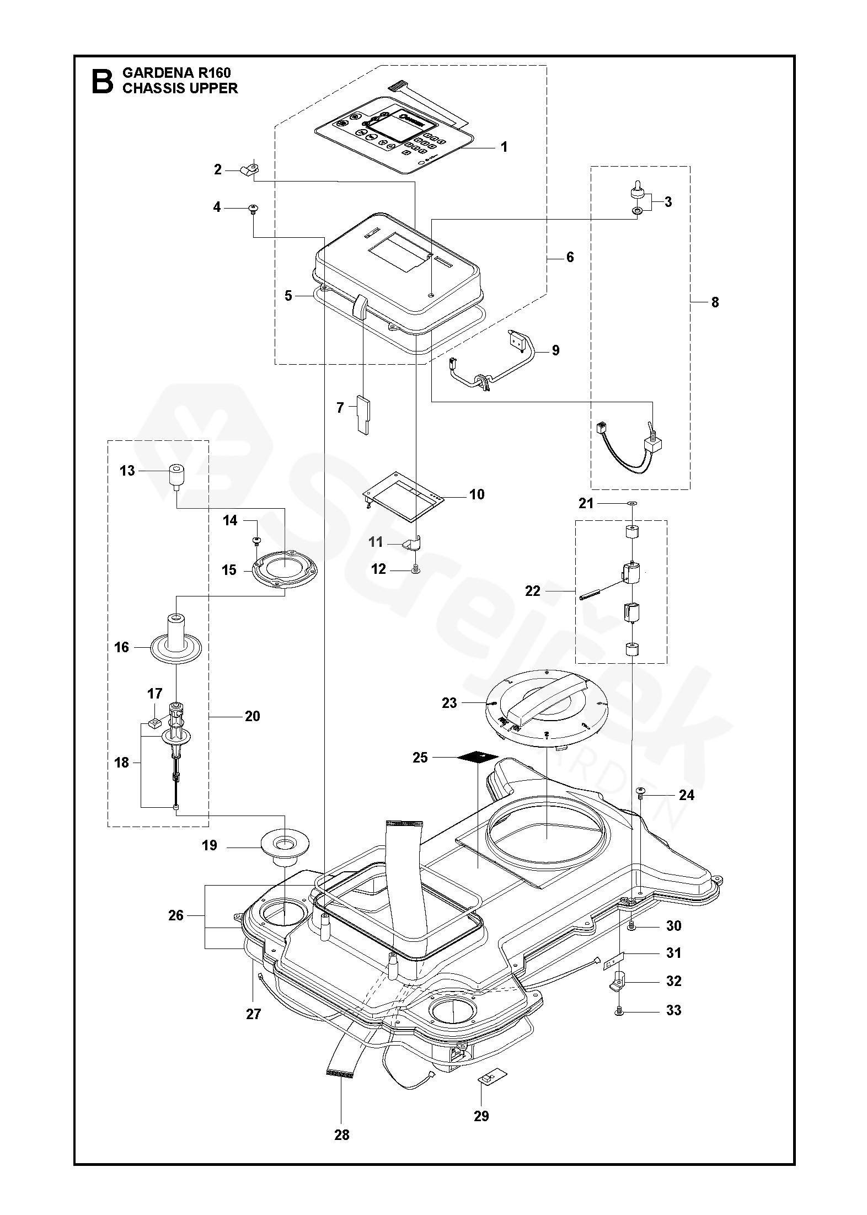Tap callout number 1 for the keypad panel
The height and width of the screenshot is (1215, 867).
coord(503,147)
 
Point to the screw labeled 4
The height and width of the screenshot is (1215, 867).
coord(253,208)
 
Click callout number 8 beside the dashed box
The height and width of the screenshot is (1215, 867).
coord(715,302)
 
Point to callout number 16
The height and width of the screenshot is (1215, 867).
coord(121,647)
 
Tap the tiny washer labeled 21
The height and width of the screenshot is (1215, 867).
coord(632,503)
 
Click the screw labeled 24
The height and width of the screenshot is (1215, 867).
coord(641,793)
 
